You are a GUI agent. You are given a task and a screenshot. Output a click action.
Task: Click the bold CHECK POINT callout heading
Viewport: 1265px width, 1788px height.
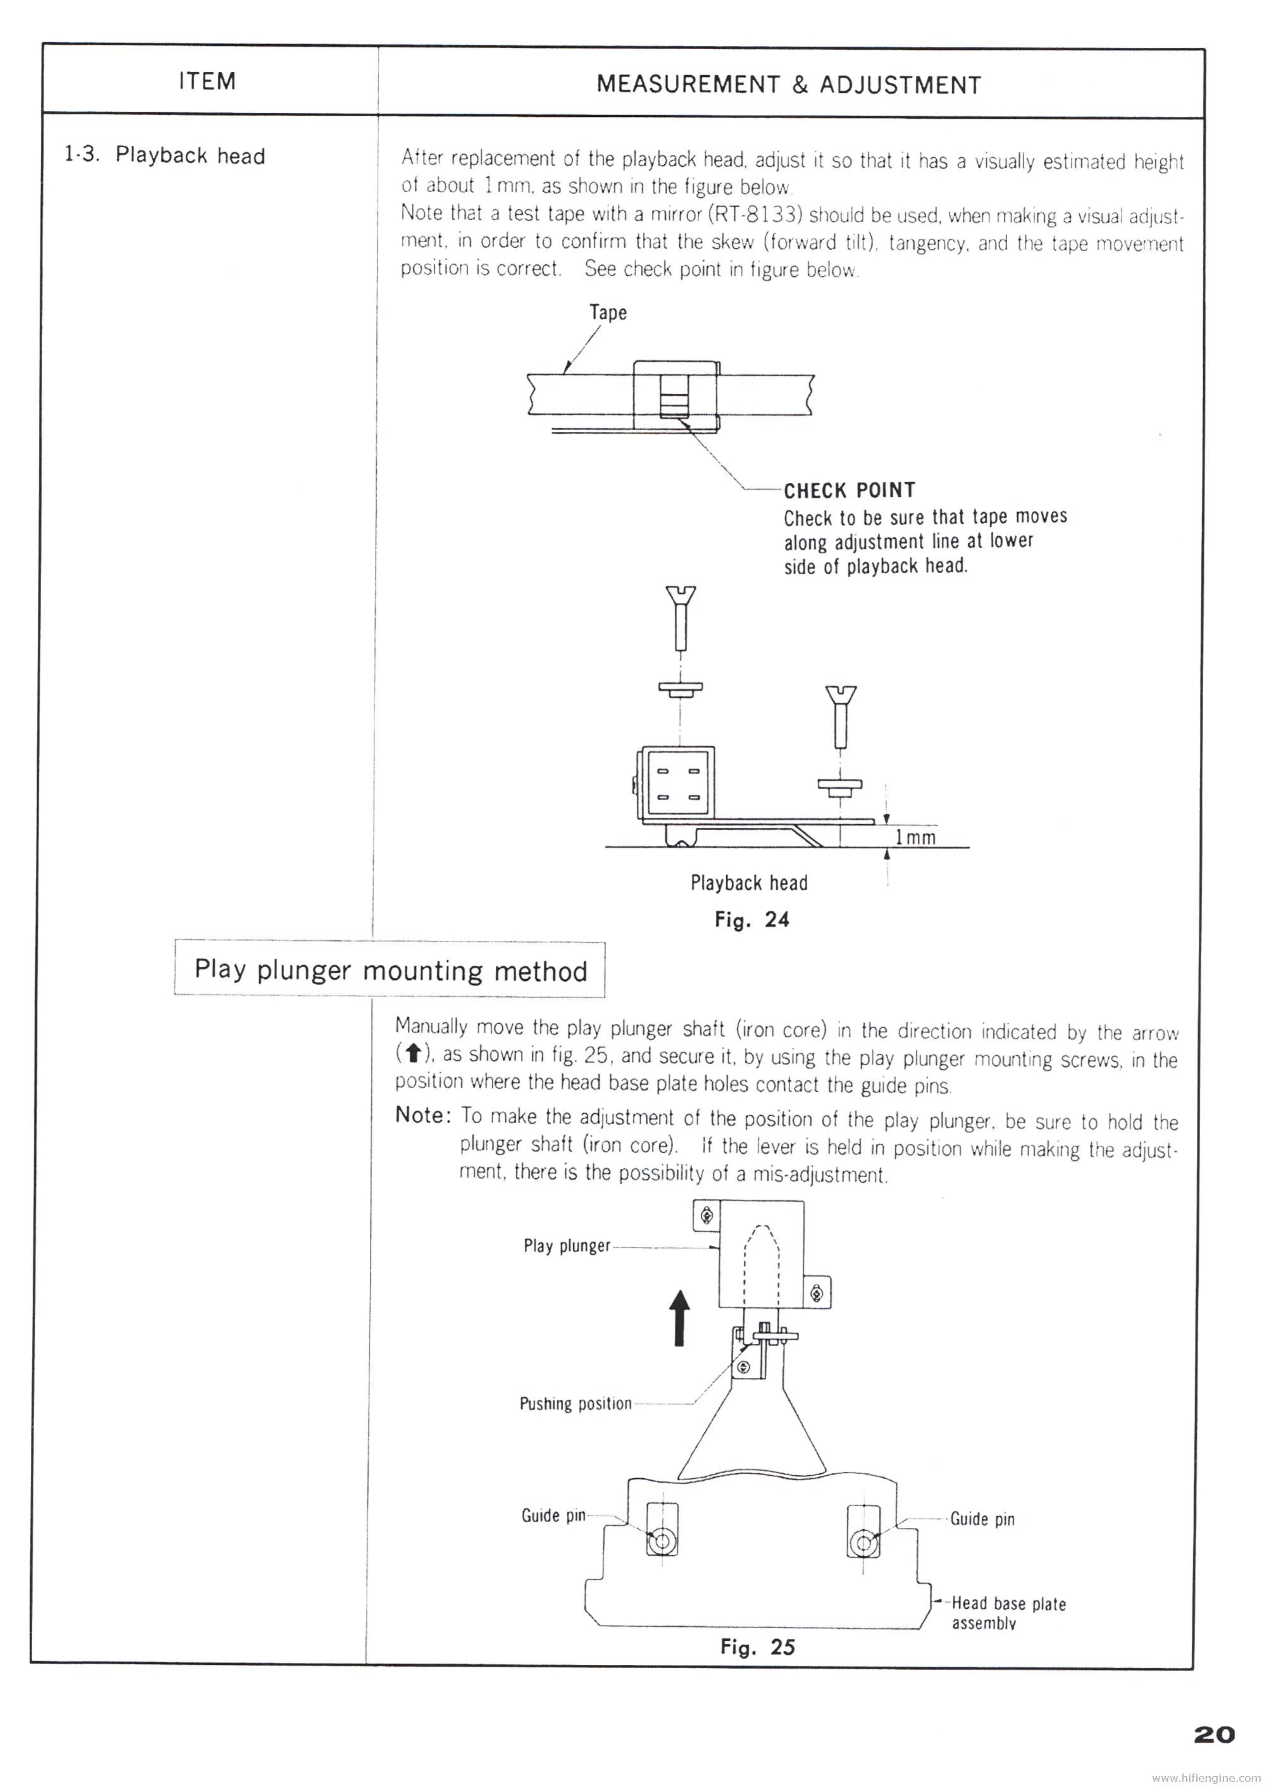pos(849,490)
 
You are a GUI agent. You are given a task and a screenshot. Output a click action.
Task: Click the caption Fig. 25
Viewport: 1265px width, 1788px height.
pos(757,1647)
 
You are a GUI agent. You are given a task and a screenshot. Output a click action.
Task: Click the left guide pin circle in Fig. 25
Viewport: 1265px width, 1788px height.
pos(662,1542)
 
